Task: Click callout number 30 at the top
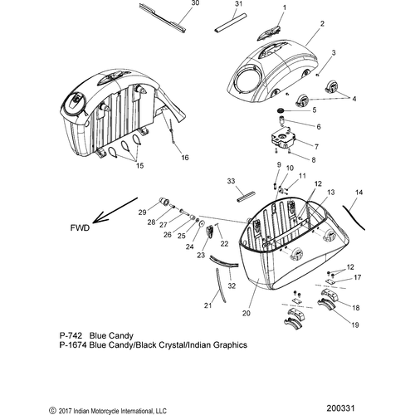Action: coord(195,3)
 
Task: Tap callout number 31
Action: coord(238,4)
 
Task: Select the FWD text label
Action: coord(80,228)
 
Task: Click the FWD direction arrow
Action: coord(115,210)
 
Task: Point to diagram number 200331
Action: coord(340,408)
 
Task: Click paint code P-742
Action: coord(71,335)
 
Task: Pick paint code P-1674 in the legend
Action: coord(73,345)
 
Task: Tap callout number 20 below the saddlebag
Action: coord(247,313)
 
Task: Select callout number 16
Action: coord(185,158)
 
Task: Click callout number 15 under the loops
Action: coord(139,165)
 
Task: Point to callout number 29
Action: coord(142,212)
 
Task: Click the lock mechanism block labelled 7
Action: coord(283,139)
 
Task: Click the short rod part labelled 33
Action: coord(246,197)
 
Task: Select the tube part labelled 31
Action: coord(230,23)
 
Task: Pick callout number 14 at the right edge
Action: coord(359,193)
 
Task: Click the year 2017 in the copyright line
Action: coord(64,411)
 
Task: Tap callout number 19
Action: coord(355,325)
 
